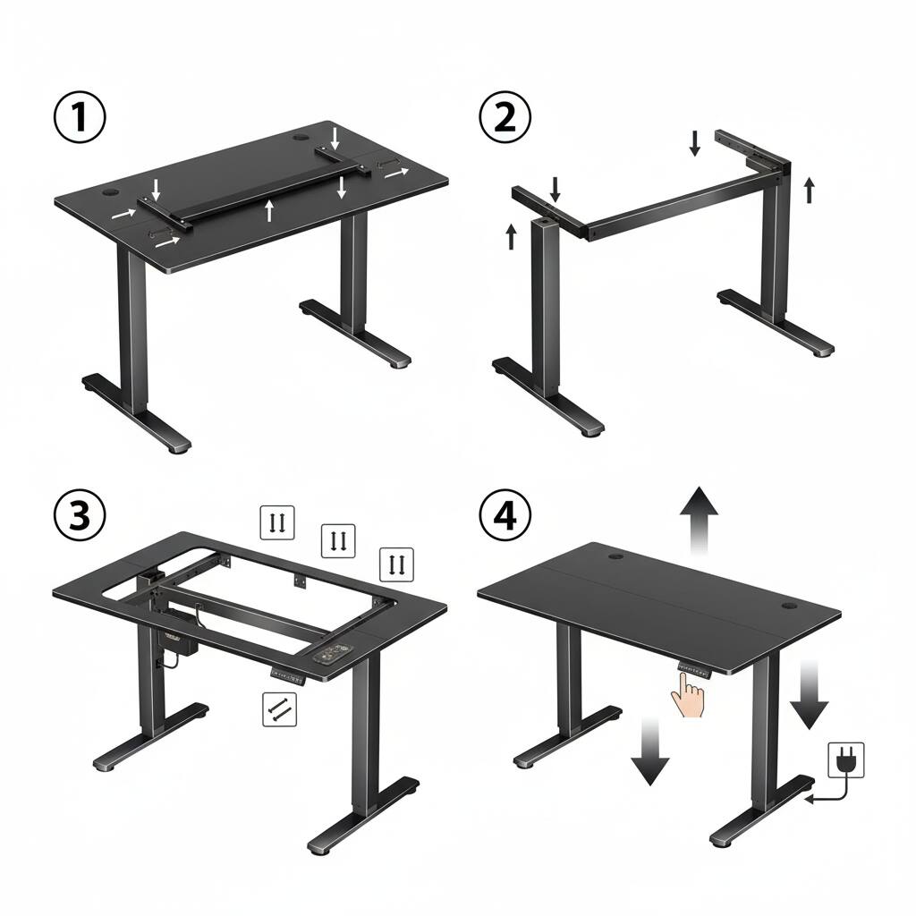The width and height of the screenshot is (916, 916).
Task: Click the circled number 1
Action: pos(81,119)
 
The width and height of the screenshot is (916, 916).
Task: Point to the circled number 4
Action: pos(505,515)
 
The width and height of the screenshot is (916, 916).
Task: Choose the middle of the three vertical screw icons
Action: pos(338,540)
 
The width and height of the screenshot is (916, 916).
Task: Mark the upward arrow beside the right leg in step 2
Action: pos(809,190)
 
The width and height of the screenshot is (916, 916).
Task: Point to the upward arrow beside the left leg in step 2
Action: pos(511,236)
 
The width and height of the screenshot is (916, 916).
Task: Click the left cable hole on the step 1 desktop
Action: pos(113,191)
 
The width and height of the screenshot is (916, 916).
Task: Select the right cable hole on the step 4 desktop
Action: pos(790,606)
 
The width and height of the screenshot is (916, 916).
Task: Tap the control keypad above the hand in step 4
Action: pos(692,666)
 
